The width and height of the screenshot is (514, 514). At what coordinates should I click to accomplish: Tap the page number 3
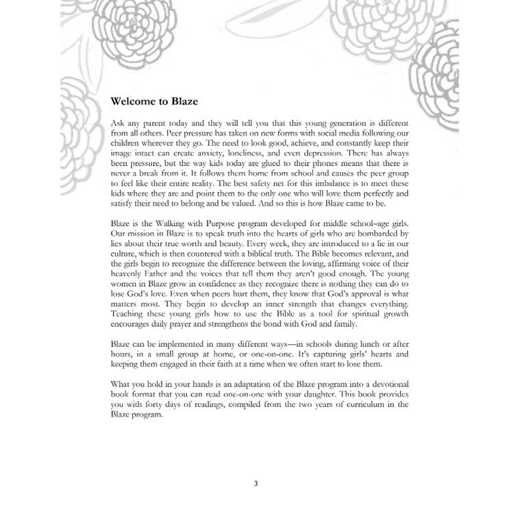(256, 483)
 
